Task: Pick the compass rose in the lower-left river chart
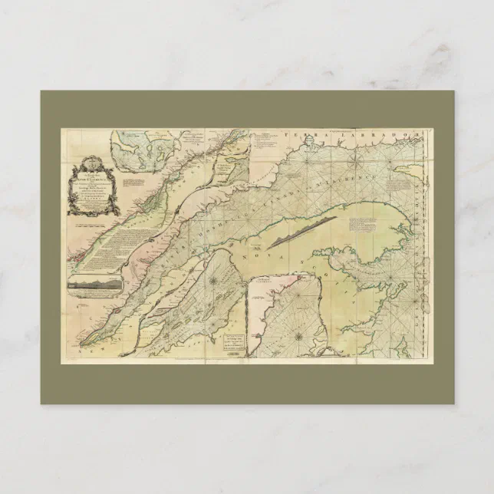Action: tap(212, 281)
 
